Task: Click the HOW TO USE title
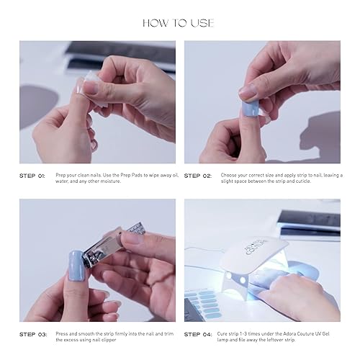coord(179,23)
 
